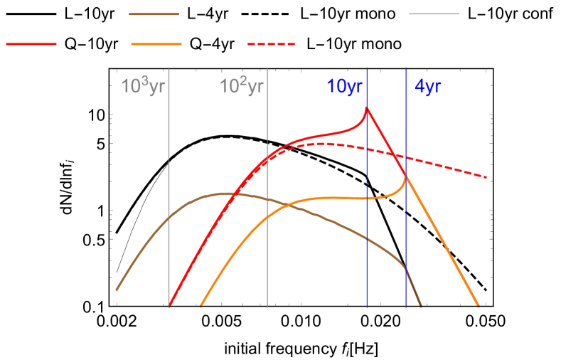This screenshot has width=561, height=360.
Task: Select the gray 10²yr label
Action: pos(242,87)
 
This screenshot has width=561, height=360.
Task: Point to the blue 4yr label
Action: pos(429,87)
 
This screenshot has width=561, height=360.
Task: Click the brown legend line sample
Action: pos(154,14)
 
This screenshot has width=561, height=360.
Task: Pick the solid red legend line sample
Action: pos(31,44)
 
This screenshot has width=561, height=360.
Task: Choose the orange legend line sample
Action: pos(156,44)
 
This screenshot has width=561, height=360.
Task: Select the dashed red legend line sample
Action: pos(271,44)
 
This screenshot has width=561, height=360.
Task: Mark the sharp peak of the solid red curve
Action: pos(367,107)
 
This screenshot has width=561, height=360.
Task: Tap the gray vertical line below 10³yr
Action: pos(169,249)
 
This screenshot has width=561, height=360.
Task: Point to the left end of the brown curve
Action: pos(117,290)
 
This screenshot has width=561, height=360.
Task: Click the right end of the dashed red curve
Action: pos(487,177)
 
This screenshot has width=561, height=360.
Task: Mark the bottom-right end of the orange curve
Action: pos(479,307)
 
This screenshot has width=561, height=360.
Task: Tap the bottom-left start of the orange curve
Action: pos(201,307)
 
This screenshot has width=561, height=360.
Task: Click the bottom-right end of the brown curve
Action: pos(421,307)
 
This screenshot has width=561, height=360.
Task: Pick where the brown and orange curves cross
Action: pos(287,206)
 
